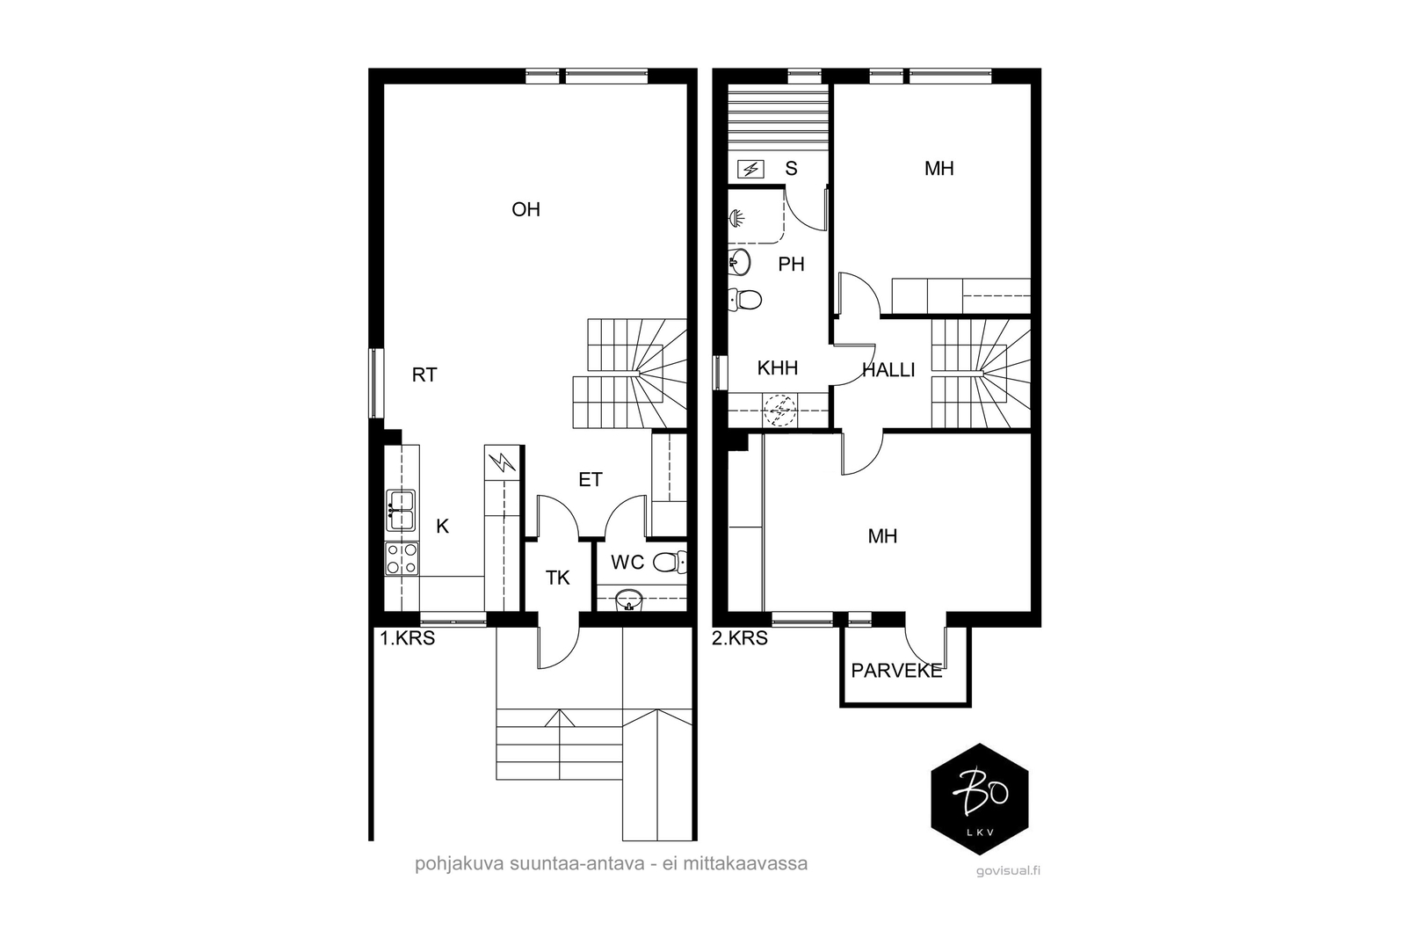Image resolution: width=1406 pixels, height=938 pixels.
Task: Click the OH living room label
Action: (526, 210)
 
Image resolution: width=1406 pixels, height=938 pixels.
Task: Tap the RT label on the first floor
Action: (424, 374)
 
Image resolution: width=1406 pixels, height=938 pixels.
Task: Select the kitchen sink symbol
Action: (400, 511)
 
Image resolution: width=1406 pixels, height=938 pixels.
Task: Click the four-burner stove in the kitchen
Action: (402, 559)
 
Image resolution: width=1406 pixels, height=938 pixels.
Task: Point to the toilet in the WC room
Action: (670, 561)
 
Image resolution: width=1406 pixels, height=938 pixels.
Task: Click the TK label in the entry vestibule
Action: (557, 578)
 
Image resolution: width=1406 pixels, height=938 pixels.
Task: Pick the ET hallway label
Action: (590, 480)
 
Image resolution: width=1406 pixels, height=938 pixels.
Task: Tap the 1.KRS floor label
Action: (408, 638)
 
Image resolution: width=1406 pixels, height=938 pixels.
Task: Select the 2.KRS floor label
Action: (740, 638)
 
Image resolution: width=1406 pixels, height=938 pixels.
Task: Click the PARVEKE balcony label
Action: (897, 671)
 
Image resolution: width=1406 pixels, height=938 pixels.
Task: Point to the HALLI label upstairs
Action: (888, 370)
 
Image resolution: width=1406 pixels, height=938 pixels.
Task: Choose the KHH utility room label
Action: (778, 368)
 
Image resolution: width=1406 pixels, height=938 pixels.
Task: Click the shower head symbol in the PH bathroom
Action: (736, 219)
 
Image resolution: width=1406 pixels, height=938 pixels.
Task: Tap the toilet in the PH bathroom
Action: (745, 300)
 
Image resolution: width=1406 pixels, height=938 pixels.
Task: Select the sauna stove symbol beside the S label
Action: (750, 169)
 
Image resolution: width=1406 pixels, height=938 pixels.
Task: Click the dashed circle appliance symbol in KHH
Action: (779, 411)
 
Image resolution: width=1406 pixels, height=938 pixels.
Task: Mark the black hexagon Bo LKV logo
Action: (980, 799)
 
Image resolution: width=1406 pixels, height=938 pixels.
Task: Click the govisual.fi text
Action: (1008, 871)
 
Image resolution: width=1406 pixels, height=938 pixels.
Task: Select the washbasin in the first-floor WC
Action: (629, 600)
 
